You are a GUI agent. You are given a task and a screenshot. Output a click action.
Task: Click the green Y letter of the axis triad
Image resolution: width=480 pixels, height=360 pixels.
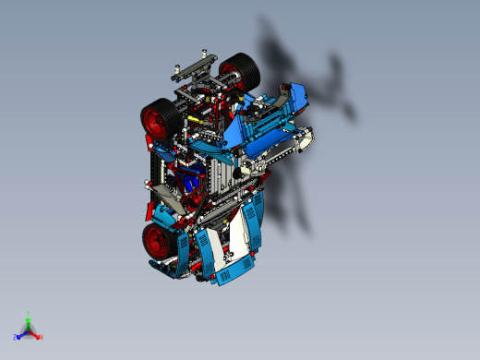(30, 314)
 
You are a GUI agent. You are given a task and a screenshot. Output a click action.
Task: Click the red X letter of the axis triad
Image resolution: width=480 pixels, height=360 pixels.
(42, 337)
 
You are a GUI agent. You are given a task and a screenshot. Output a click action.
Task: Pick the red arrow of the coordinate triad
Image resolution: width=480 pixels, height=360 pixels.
(36, 332)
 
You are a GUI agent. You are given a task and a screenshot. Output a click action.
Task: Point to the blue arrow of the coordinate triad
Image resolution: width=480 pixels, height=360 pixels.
(22, 332)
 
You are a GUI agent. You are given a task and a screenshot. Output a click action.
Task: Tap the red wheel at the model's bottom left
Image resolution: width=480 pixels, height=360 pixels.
(158, 241)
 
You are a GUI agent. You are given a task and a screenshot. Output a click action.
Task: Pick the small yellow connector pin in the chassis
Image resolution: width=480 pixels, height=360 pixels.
(194, 120)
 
